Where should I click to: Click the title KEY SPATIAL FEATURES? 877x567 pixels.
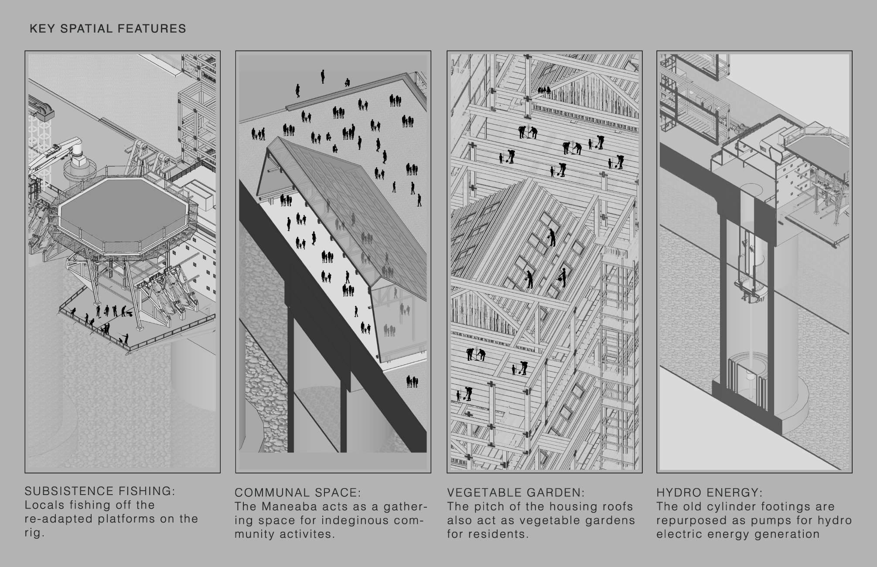click(x=108, y=29)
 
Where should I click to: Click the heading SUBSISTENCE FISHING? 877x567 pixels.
click(x=100, y=491)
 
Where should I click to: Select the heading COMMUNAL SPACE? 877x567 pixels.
click(x=298, y=493)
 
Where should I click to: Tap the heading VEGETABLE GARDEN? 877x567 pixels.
click(x=515, y=493)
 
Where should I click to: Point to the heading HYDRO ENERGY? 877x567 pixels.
click(x=710, y=493)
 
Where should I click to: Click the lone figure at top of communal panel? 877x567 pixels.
click(x=323, y=76)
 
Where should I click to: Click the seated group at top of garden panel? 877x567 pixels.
click(x=545, y=90)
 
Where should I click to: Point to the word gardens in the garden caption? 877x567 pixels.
click(x=611, y=521)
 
